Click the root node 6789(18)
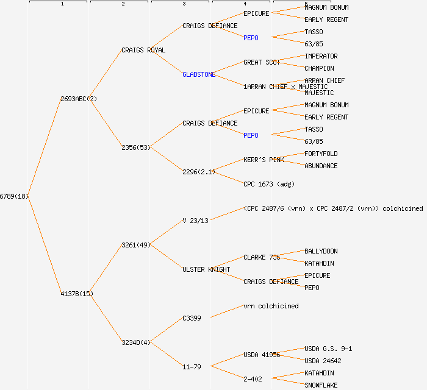(14, 196)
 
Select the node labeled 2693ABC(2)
(76, 99)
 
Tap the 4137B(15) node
(77, 294)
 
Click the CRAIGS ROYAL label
(143, 50)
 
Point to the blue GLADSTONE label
(199, 74)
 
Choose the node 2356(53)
(136, 147)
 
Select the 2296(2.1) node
(199, 172)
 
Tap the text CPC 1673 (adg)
(268, 184)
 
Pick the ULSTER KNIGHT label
(206, 269)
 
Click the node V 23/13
(195, 221)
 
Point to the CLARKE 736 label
(262, 257)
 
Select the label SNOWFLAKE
(321, 385)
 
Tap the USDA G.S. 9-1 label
(328, 349)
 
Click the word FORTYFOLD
(321, 154)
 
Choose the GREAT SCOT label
(262, 62)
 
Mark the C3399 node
(192, 318)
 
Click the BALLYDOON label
(321, 251)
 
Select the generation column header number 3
(184, 4)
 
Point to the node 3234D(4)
(136, 342)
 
